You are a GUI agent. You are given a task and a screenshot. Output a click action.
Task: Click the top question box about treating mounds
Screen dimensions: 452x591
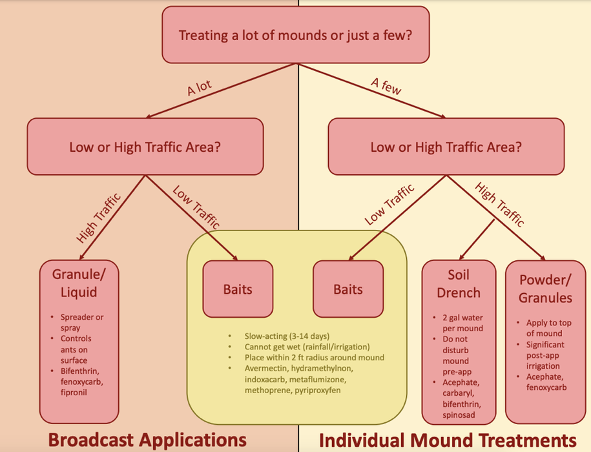(295, 36)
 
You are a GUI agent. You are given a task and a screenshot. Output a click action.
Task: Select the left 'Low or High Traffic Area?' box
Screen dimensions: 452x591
(145, 147)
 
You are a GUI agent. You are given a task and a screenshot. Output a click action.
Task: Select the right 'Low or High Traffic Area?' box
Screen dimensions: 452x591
(446, 147)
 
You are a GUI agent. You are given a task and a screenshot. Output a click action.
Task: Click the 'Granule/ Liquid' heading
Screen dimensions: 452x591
(79, 283)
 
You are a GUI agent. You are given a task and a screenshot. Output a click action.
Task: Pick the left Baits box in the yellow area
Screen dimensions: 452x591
(238, 289)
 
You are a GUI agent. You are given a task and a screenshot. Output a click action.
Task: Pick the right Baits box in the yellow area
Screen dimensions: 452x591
(348, 289)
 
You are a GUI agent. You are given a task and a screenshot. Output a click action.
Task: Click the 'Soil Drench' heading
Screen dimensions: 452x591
(459, 283)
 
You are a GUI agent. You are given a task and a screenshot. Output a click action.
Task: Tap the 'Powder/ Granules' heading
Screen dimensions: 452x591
(546, 289)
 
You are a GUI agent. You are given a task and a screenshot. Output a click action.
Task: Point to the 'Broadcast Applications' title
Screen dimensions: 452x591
(148, 440)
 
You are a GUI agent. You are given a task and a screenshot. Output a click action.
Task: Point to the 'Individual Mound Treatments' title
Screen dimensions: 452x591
(448, 440)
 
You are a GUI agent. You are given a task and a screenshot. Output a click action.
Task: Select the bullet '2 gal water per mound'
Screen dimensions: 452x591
(463, 323)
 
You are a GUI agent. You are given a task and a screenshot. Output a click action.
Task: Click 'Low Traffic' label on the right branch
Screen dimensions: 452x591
(389, 204)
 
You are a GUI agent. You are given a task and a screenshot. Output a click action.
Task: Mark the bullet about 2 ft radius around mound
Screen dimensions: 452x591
(314, 357)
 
